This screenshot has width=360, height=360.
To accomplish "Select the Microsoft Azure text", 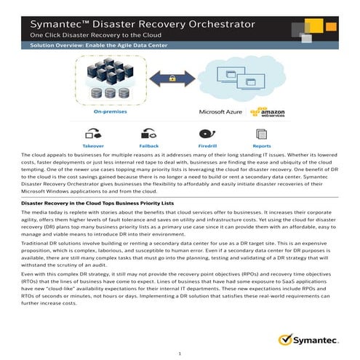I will pyautogui.click(x=220, y=113).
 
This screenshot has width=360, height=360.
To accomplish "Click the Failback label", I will pyautogui.click(x=148, y=145).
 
